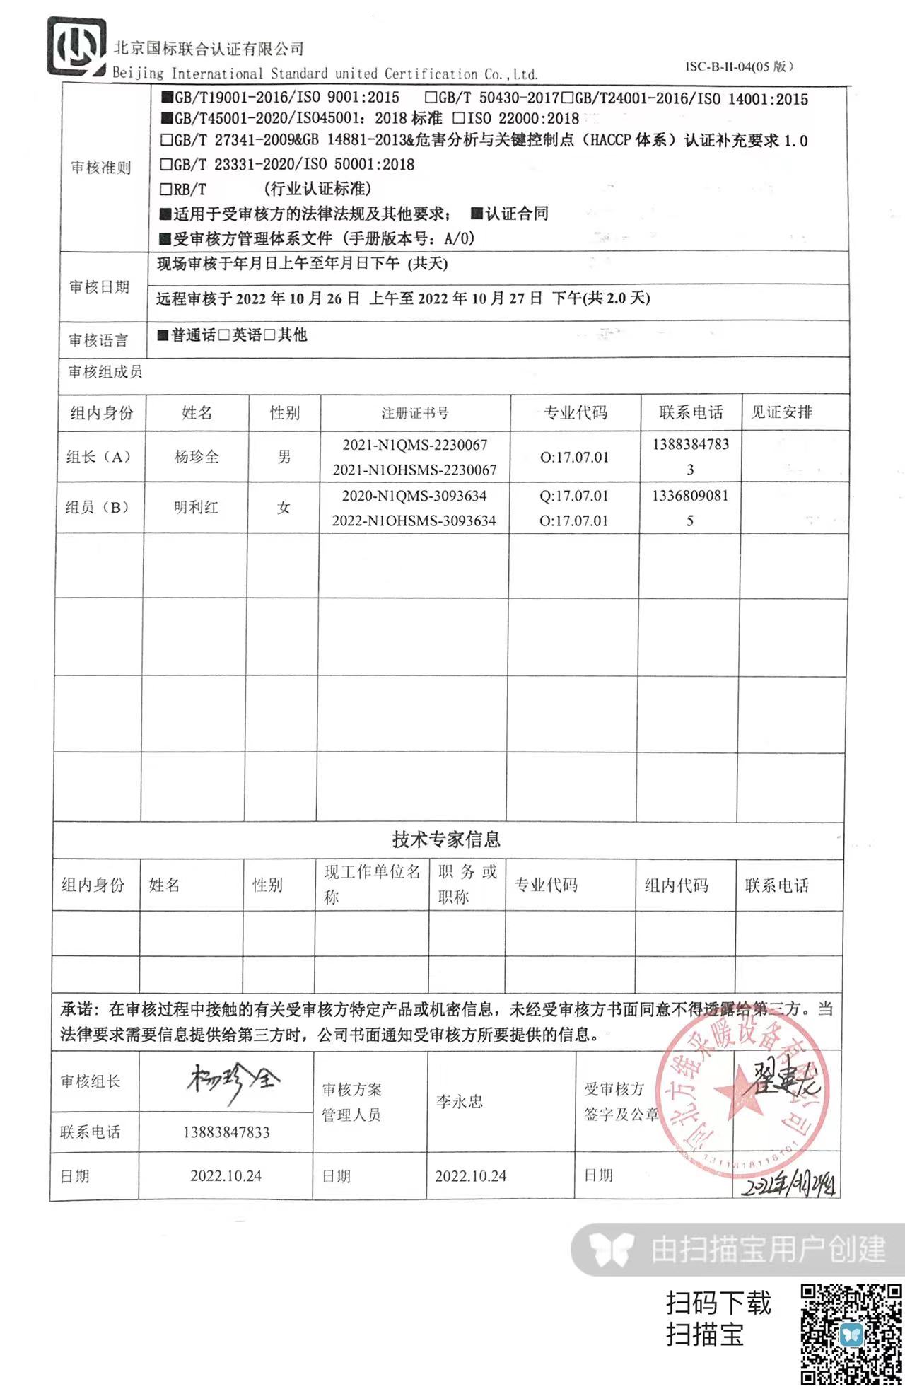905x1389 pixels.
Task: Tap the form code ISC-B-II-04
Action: pos(739,66)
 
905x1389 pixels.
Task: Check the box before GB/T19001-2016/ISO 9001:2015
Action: pos(168,98)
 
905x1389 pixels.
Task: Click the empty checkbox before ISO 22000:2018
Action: pos(459,118)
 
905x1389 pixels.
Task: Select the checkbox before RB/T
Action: pos(166,190)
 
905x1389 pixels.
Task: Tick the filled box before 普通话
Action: pos(163,335)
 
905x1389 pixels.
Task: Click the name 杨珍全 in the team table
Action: pos(197,457)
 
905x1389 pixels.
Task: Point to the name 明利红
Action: pos(196,507)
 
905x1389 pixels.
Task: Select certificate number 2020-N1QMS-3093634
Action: pos(414,496)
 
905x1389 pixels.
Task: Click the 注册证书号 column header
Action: pos(415,413)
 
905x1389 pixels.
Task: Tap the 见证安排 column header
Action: pos(781,412)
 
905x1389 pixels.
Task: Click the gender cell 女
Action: pos(284,507)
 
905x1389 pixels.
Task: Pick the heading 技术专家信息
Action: pos(446,839)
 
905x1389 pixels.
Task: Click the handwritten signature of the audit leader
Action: pos(233,1081)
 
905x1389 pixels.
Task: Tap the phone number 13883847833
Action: pos(226,1132)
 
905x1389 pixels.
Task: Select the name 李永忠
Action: pos(460,1101)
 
